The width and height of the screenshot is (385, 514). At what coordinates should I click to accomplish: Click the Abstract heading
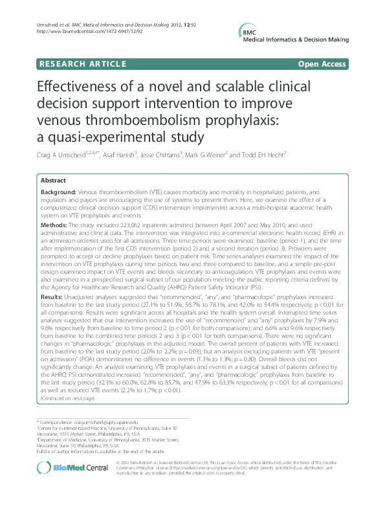54,181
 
